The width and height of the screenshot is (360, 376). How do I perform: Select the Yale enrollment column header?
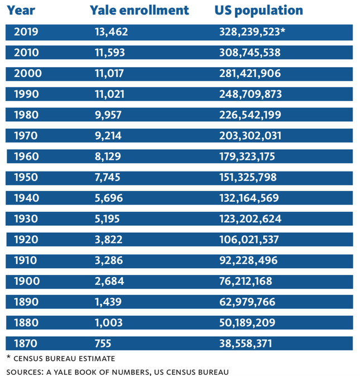(139, 11)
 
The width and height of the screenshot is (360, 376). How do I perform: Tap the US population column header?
(258, 11)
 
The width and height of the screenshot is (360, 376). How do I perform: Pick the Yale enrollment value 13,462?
(112, 32)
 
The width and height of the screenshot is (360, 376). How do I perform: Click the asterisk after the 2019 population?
(282, 31)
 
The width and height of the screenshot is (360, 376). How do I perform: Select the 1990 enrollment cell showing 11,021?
(109, 94)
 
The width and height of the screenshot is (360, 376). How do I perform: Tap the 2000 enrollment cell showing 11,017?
(109, 73)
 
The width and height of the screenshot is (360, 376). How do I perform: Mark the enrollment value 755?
(103, 343)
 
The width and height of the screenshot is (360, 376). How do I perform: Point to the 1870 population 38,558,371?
(246, 343)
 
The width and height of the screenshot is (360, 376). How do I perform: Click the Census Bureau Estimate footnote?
(61, 358)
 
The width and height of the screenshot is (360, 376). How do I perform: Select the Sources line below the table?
(117, 371)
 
